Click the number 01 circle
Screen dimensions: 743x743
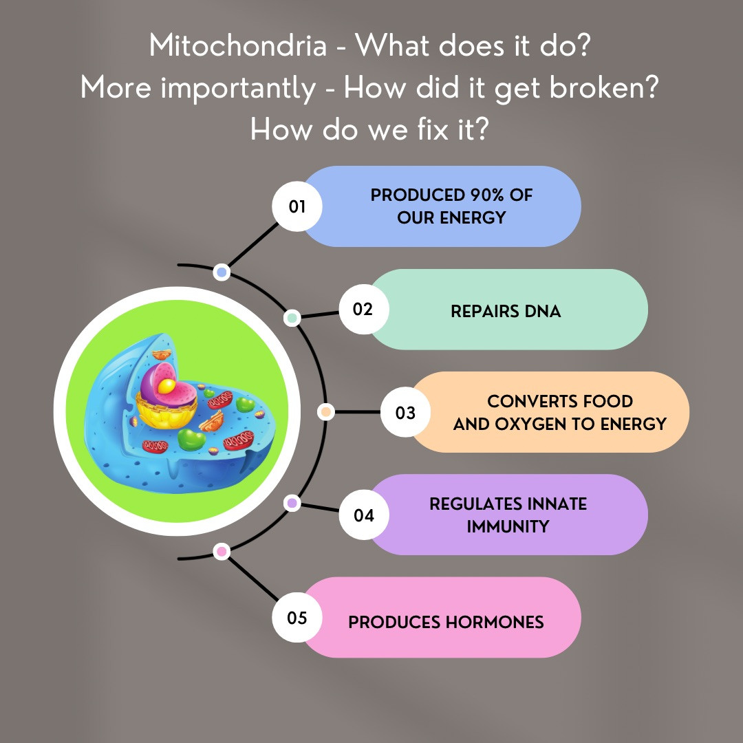point(297,206)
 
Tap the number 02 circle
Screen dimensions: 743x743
point(364,309)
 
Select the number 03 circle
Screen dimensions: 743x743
point(405,412)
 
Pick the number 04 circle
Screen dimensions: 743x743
point(364,515)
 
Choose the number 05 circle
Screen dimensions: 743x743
point(297,617)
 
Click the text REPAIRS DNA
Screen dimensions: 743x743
point(506,312)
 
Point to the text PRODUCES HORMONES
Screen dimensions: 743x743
point(446,622)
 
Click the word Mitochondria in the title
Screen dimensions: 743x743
point(238,46)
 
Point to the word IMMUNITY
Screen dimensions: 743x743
point(508,526)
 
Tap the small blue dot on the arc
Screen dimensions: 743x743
point(222,272)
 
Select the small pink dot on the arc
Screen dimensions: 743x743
point(222,552)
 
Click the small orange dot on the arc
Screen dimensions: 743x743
point(325,412)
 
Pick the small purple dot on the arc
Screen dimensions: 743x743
point(292,503)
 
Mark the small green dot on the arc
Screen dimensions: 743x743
point(292,318)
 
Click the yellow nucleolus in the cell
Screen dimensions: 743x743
point(166,386)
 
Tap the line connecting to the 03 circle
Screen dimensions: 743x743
point(357,412)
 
